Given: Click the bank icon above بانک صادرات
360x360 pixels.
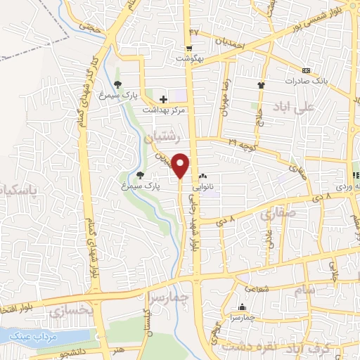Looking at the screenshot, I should click(305, 71).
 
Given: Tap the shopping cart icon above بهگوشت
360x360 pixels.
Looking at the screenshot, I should click(189, 49).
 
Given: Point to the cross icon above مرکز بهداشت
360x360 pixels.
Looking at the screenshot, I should click(163, 101).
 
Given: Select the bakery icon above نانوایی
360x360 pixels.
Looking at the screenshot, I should click(203, 176).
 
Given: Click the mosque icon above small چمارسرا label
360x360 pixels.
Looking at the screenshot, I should click(243, 307).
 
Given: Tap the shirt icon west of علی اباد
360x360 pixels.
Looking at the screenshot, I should click(261, 84).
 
